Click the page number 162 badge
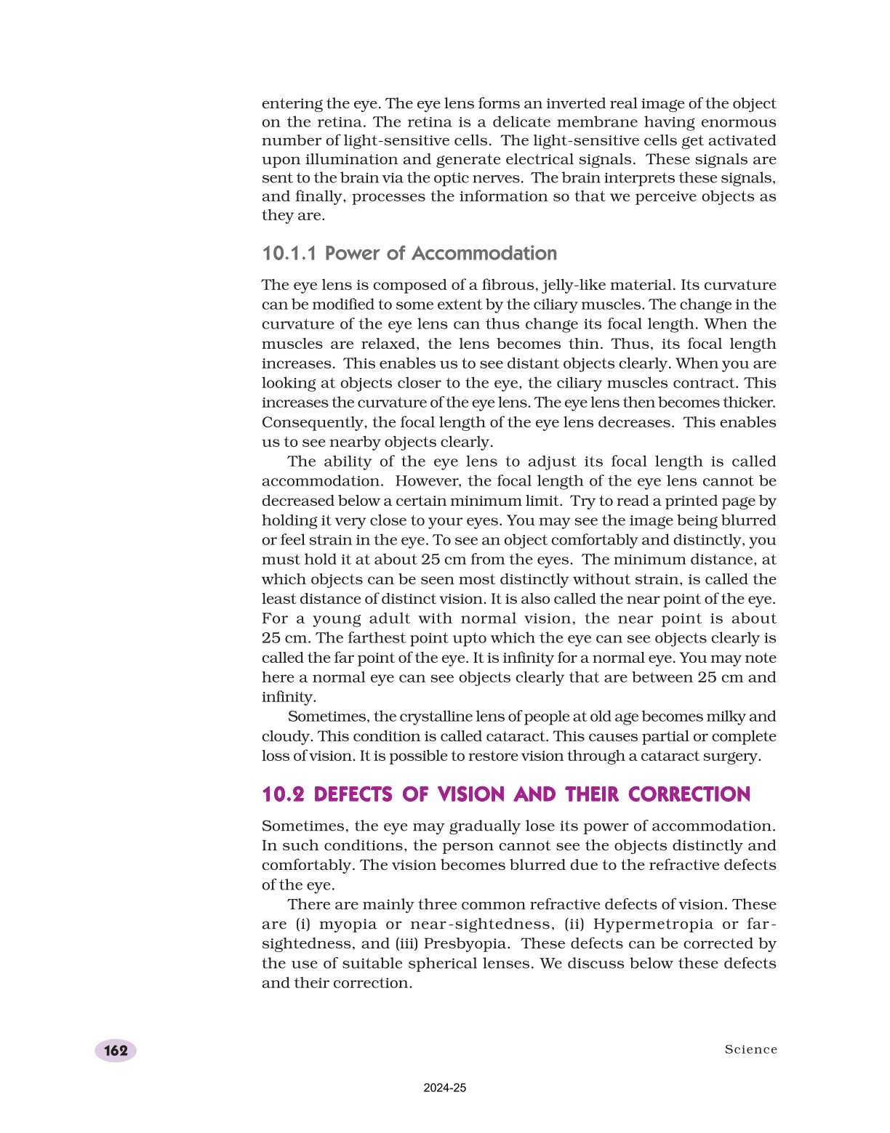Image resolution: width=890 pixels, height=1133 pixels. click(x=116, y=1050)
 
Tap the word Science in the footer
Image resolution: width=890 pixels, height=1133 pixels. click(x=750, y=1049)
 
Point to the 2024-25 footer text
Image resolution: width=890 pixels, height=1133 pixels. click(x=445, y=1088)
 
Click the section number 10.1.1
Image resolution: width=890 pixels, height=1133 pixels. click(x=289, y=254)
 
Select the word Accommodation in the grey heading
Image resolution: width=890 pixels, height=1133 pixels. click(x=484, y=254)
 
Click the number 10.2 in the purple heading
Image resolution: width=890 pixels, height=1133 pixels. click(x=283, y=794)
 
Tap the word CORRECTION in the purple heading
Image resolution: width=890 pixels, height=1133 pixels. click(x=689, y=794)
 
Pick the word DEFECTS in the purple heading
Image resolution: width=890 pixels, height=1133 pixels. click(x=353, y=794)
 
